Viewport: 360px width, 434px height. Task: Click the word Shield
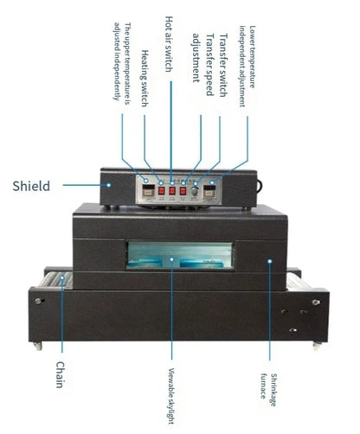click(x=31, y=185)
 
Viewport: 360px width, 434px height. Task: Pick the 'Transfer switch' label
click(x=222, y=61)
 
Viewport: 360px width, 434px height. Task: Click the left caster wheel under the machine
click(x=37, y=344)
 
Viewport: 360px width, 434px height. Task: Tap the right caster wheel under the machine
click(x=315, y=346)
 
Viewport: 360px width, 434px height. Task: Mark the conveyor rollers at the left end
click(x=57, y=279)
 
